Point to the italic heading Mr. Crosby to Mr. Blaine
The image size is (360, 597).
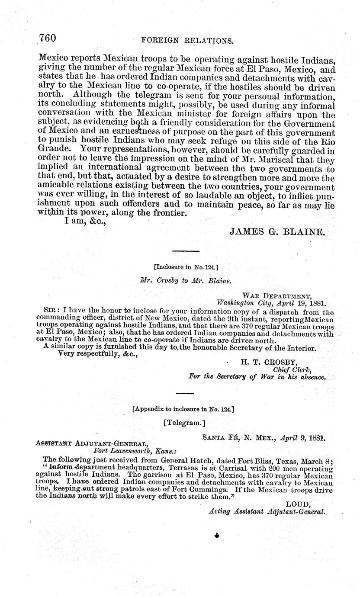click(x=186, y=280)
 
